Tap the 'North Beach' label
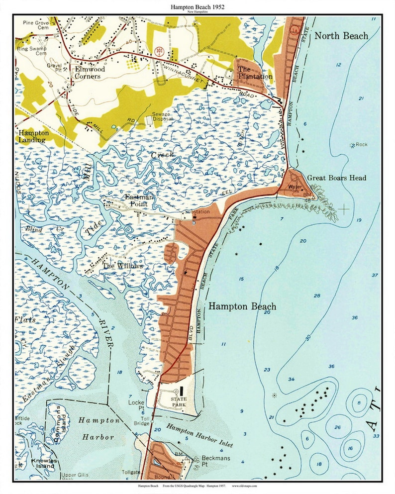click(x=341, y=36)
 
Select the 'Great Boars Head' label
click(x=336, y=178)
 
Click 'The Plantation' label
click(x=255, y=73)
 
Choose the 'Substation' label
click(x=197, y=212)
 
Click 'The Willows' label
click(x=122, y=266)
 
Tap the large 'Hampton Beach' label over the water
click(x=242, y=306)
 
